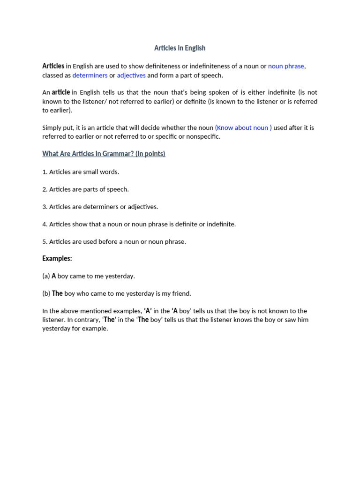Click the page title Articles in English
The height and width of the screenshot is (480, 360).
pyautogui.click(x=180, y=48)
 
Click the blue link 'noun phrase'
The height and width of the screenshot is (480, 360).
pyautogui.click(x=286, y=66)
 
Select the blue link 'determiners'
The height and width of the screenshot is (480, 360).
pyautogui.click(x=90, y=75)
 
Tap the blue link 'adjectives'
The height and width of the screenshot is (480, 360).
pyautogui.click(x=131, y=75)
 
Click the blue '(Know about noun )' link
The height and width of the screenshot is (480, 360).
pyautogui.click(x=243, y=127)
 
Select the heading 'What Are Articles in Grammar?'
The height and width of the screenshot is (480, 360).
pyautogui.click(x=104, y=154)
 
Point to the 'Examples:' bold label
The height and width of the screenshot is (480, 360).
pyautogui.click(x=57, y=258)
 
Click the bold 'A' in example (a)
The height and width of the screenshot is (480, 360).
pyautogui.click(x=54, y=276)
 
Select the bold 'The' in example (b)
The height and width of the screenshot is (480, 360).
pyautogui.click(x=57, y=293)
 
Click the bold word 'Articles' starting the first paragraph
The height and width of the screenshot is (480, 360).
pyautogui.click(x=53, y=66)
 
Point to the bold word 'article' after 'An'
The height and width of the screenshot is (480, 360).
pyautogui.click(x=61, y=92)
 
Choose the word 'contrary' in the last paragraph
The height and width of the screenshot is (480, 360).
pyautogui.click(x=87, y=320)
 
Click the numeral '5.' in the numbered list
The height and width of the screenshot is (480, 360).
pyautogui.click(x=45, y=242)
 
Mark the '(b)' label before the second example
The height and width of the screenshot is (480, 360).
pyautogui.click(x=46, y=293)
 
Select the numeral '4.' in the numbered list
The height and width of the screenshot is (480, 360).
pyautogui.click(x=45, y=225)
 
